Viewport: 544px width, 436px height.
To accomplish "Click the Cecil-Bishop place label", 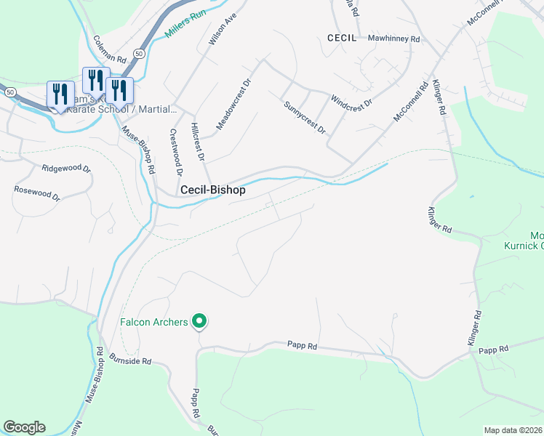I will (x=212, y=190).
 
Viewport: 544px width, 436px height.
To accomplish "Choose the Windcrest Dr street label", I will (x=351, y=101).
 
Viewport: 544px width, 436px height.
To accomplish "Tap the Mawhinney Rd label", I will (x=394, y=38).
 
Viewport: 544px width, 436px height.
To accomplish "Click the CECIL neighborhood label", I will (x=342, y=38).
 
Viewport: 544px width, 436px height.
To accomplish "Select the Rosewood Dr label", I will (x=36, y=193).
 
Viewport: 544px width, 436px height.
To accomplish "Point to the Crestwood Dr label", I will (x=174, y=153).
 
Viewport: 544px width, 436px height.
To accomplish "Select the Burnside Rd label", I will (x=130, y=360).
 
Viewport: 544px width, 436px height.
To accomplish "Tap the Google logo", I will (x=24, y=427).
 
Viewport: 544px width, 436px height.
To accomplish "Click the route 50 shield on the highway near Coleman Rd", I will (x=140, y=53).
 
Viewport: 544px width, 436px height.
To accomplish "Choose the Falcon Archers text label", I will (x=154, y=321).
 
